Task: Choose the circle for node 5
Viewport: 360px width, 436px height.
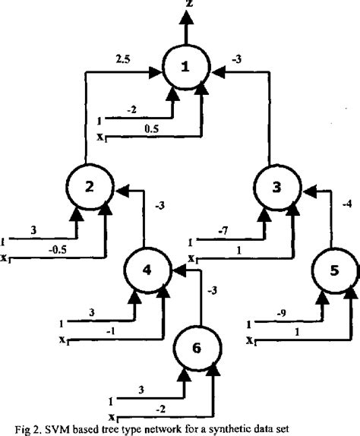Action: point(334,270)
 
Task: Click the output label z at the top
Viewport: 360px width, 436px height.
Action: point(182,5)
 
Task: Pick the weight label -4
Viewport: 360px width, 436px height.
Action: point(346,203)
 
